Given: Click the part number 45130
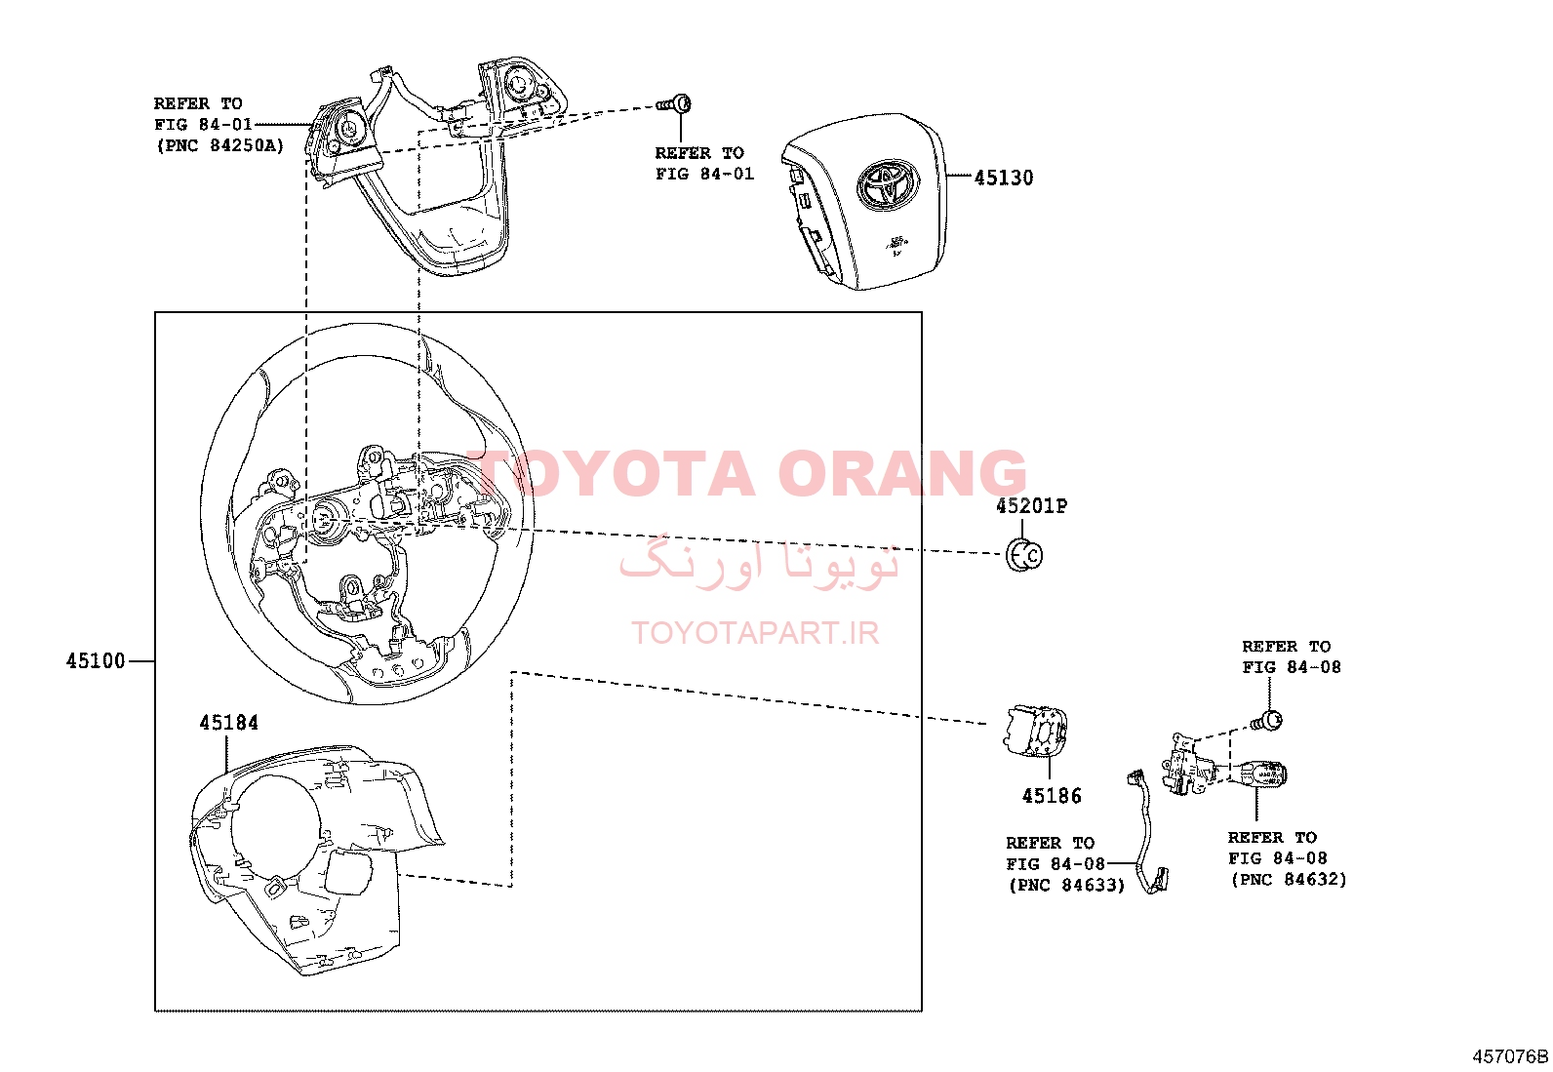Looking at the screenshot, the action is pyautogui.click(x=1003, y=178).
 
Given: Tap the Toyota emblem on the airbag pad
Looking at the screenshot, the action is pyautogui.click(x=888, y=183).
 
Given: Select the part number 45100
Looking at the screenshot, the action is pyautogui.click(x=96, y=660).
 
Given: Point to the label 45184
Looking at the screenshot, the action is pyautogui.click(x=229, y=723).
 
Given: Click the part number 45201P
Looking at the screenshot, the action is pyautogui.click(x=1032, y=506).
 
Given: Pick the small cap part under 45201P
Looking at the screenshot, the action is pyautogui.click(x=1024, y=555).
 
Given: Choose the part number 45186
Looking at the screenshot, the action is pyautogui.click(x=1052, y=795).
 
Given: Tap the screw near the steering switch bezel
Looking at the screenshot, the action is pyautogui.click(x=674, y=104).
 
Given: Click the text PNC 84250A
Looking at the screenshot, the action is pyautogui.click(x=220, y=146).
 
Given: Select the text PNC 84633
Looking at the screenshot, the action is pyautogui.click(x=1067, y=886).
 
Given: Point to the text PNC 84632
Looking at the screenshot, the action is pyautogui.click(x=1289, y=880).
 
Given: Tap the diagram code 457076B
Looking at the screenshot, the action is pyautogui.click(x=1510, y=1056).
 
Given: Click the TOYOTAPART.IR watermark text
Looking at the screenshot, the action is pyautogui.click(x=755, y=633).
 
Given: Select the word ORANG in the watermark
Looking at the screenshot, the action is pyautogui.click(x=901, y=473).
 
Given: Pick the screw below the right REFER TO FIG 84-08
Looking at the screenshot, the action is pyautogui.click(x=1266, y=721).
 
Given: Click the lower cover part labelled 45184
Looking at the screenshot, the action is pyautogui.click(x=315, y=859).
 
